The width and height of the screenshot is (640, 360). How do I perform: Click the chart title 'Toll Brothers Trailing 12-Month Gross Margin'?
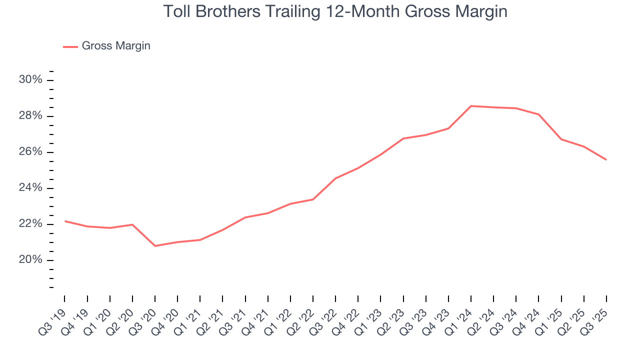click(335, 11)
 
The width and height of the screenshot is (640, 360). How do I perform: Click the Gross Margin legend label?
click(116, 46)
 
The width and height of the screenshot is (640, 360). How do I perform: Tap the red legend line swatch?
click(70, 46)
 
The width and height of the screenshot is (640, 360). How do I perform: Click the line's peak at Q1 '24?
click(471, 106)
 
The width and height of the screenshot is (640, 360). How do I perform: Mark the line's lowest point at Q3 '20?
click(155, 246)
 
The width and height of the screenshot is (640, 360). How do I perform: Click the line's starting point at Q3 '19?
click(65, 221)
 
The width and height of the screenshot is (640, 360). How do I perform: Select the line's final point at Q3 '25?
click(606, 160)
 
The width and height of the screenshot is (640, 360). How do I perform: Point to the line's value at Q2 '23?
click(403, 138)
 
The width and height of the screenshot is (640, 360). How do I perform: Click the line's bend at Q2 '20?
click(132, 224)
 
